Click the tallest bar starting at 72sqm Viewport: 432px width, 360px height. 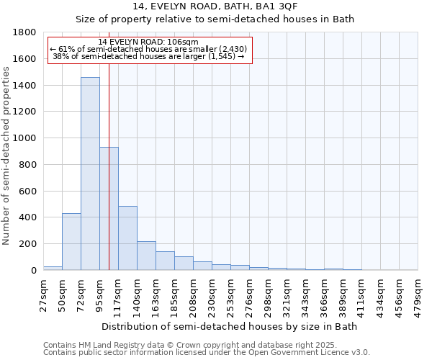[90, 174]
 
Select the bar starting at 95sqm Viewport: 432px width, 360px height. [109, 209]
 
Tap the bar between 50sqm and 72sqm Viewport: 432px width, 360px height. [71, 242]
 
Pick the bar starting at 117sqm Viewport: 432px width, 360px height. [127, 238]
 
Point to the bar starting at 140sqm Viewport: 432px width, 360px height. [146, 256]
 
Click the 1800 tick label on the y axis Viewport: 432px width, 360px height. [25, 32]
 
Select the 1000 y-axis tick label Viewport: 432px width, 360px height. [25, 138]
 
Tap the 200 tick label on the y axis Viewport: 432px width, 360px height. [29, 244]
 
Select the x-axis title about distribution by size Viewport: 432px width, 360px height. [230, 326]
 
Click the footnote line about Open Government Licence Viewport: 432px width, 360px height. [207, 353]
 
